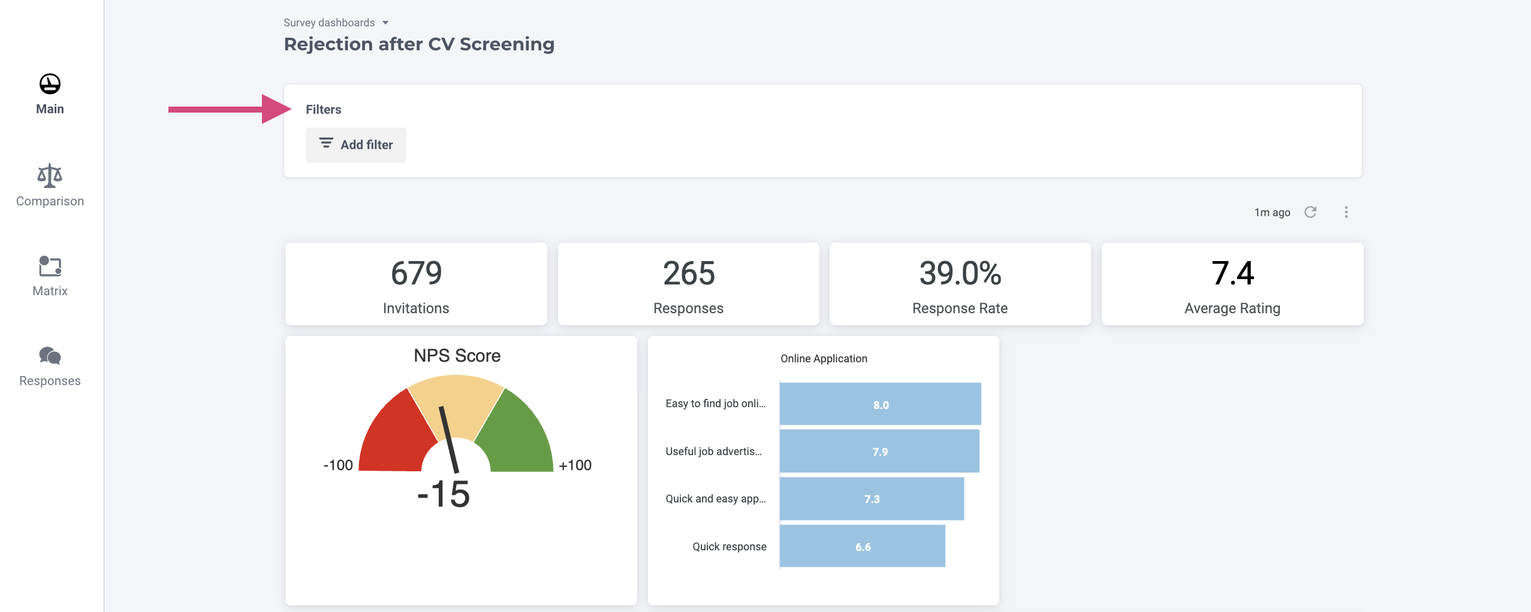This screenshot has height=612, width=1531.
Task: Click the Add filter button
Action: (x=355, y=145)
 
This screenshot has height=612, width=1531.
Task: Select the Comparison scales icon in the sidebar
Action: (x=50, y=175)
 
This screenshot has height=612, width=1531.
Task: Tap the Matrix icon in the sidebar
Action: (x=50, y=266)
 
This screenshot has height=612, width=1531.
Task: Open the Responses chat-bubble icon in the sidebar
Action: (x=50, y=356)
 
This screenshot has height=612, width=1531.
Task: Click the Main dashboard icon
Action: (x=50, y=84)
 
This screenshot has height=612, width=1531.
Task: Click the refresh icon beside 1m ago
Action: (x=1310, y=212)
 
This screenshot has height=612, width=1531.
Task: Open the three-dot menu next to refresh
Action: (x=1346, y=212)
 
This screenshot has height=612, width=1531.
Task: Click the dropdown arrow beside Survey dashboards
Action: (x=385, y=23)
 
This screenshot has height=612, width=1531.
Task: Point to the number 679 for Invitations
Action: (x=416, y=273)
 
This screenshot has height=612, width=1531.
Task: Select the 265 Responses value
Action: (x=688, y=273)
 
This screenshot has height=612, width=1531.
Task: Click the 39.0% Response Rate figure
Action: (x=960, y=273)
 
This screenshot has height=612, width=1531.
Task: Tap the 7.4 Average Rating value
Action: (x=1232, y=273)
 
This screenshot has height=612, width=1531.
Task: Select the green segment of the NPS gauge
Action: (x=519, y=434)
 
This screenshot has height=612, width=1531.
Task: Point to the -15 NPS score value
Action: (x=444, y=494)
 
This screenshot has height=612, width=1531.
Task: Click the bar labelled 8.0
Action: (x=880, y=404)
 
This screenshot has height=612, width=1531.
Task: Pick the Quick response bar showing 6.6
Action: (x=862, y=546)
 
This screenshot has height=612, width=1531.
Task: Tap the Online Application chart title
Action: (x=824, y=359)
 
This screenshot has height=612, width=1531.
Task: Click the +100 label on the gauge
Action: (x=575, y=465)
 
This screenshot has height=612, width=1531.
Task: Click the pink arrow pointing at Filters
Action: (x=228, y=109)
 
